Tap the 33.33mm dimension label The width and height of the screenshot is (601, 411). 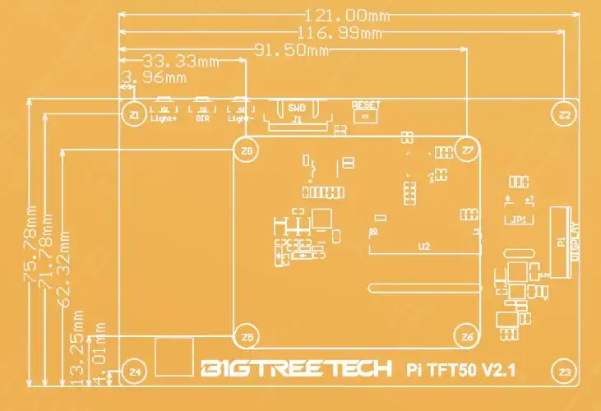[x=182, y=62]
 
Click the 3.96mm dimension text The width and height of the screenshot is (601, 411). [x=153, y=78]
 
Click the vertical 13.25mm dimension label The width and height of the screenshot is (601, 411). [x=79, y=347]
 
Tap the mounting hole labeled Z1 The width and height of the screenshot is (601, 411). [x=134, y=114]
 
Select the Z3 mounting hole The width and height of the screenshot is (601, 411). [x=564, y=372]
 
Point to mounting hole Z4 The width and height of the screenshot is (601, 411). [x=135, y=372]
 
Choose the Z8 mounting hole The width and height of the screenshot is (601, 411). [x=245, y=150]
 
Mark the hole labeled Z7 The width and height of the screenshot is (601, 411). [x=468, y=150]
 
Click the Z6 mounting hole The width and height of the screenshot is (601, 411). [x=467, y=336]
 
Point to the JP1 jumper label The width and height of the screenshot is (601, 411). [x=518, y=219]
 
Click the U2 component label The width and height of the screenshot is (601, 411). [x=424, y=246]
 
